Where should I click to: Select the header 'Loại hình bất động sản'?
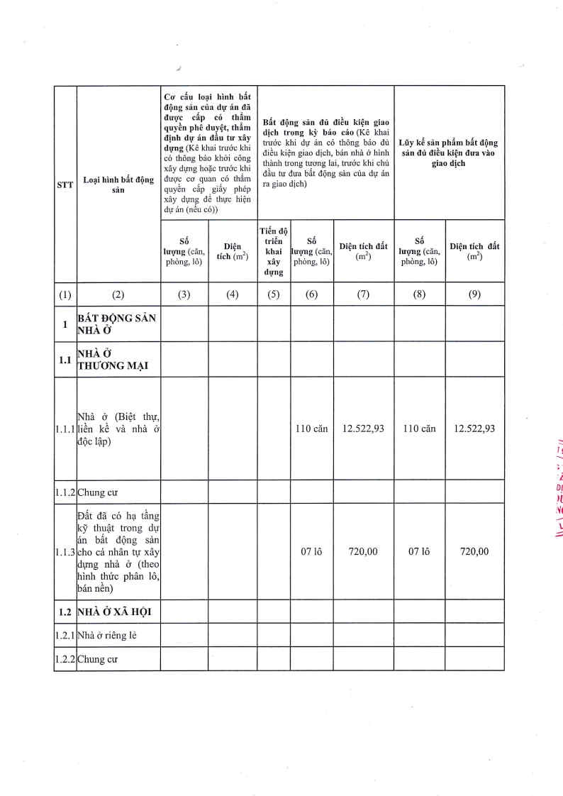click(118, 185)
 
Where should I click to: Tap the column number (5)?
click(273, 295)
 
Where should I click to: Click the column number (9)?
click(474, 295)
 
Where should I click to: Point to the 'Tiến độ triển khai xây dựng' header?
click(273, 251)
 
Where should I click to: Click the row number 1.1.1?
click(65, 429)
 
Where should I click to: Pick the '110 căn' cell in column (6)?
click(311, 429)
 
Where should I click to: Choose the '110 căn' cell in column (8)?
click(419, 429)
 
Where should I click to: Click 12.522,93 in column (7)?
click(363, 429)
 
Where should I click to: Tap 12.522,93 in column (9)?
click(474, 429)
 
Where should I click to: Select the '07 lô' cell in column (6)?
click(311, 551)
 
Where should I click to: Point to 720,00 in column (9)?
click(474, 551)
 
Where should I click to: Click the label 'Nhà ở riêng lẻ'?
click(107, 635)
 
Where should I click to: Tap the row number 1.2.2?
click(65, 659)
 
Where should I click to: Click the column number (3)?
click(184, 295)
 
